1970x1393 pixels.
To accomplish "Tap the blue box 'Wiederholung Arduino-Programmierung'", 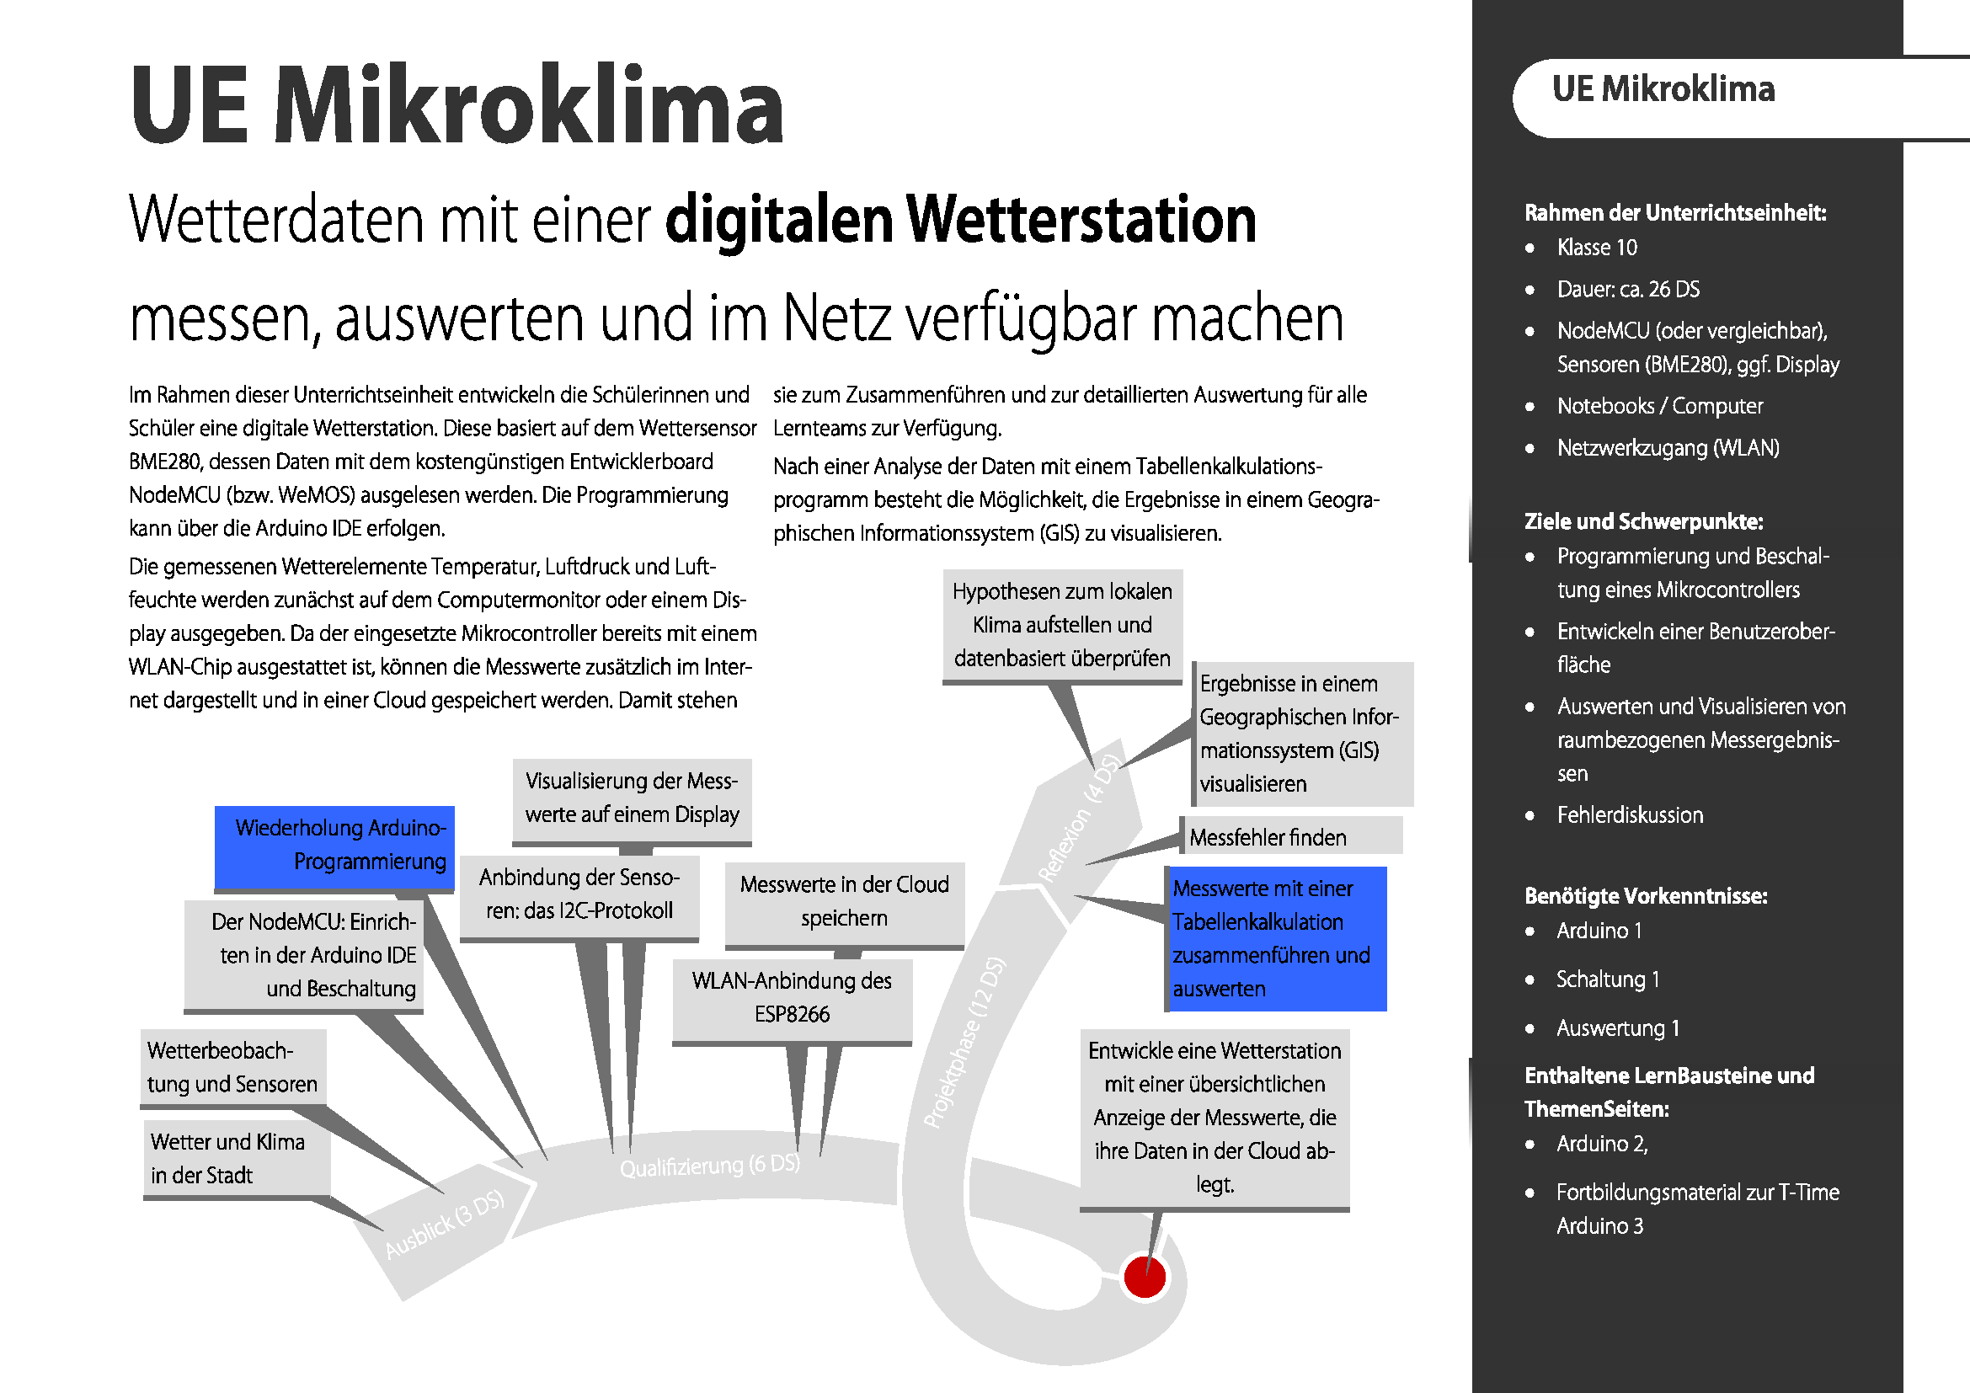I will [334, 846].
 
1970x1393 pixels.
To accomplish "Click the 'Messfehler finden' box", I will [1291, 837].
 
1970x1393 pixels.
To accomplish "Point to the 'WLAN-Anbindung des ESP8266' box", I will [792, 997].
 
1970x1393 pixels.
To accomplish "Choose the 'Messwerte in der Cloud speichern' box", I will [844, 901].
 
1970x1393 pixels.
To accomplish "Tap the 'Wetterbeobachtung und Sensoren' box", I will [232, 1067].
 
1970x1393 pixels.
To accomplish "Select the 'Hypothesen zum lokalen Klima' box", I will [1062, 624].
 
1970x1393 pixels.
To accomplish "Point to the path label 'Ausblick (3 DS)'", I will [445, 1225].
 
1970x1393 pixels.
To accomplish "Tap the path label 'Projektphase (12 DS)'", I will [964, 1042].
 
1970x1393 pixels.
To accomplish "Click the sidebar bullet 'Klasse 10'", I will [1597, 248].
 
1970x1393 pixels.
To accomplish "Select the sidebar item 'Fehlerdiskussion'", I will [1630, 815].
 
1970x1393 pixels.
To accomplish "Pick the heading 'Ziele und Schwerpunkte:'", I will [1643, 521].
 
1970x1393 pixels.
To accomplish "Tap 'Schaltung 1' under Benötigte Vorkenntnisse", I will [1607, 979].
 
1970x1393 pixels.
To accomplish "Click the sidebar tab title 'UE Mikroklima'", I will [1663, 89].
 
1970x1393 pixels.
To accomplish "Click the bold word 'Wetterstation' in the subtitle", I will [1081, 220].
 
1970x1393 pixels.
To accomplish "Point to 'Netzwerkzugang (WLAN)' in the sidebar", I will [1668, 448].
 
